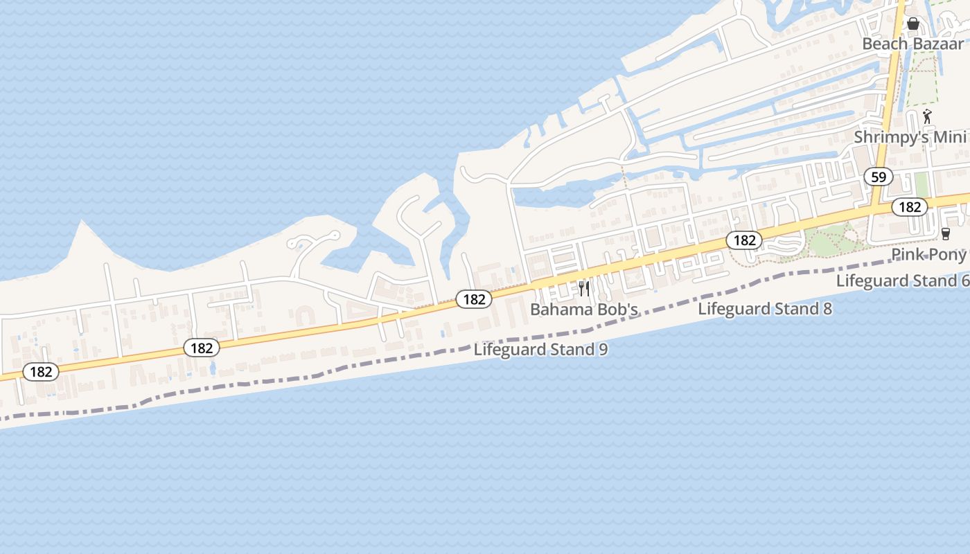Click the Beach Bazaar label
tap(912, 44)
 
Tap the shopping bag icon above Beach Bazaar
tap(913, 24)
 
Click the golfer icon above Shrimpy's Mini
tap(927, 116)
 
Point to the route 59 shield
tap(879, 177)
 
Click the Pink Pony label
tap(928, 255)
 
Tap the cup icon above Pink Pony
tap(945, 234)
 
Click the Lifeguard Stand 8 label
tap(765, 309)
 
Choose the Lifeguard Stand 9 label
tap(540, 350)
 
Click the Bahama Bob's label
tap(583, 310)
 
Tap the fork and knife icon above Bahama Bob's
tap(584, 288)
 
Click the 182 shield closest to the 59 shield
tap(909, 206)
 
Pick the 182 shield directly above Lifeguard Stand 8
tap(744, 240)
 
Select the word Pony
tap(947, 255)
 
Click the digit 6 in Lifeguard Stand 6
tap(964, 281)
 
